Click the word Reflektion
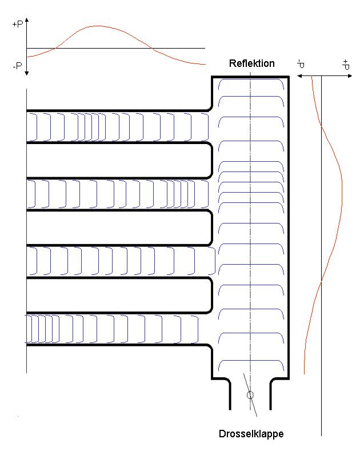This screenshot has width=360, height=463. click(x=251, y=63)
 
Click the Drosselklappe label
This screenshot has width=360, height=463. click(x=251, y=434)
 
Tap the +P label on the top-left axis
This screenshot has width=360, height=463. click(x=17, y=25)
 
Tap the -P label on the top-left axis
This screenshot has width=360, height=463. click(x=17, y=66)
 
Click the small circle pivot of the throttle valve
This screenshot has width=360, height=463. click(x=250, y=395)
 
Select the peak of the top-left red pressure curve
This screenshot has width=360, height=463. click(x=98, y=26)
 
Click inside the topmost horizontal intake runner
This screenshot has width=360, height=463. click(x=114, y=126)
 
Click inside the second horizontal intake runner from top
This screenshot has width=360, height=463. click(x=114, y=194)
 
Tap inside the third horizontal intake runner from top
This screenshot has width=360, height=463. click(x=114, y=262)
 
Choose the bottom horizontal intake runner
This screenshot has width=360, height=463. click(x=114, y=329)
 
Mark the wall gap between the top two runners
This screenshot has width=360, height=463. click(x=114, y=160)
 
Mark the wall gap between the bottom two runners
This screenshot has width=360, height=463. click(x=114, y=296)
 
